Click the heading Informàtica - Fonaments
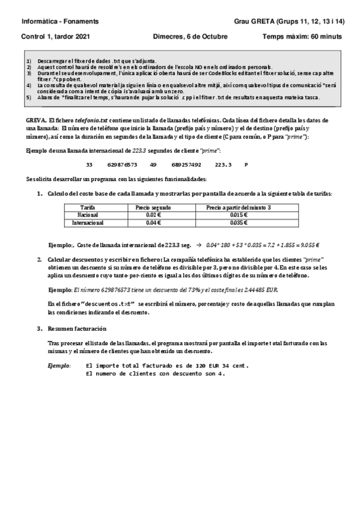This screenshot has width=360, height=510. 59,22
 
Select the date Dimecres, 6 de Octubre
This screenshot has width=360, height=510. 191,37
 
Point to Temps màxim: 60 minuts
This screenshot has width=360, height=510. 302,37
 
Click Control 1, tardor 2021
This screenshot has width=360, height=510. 55,37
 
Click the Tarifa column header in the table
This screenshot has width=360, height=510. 87,207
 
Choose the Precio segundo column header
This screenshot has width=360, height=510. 154,207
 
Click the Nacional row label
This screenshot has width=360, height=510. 88,215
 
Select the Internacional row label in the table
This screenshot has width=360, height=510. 88,223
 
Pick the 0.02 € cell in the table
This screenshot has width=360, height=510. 154,215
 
